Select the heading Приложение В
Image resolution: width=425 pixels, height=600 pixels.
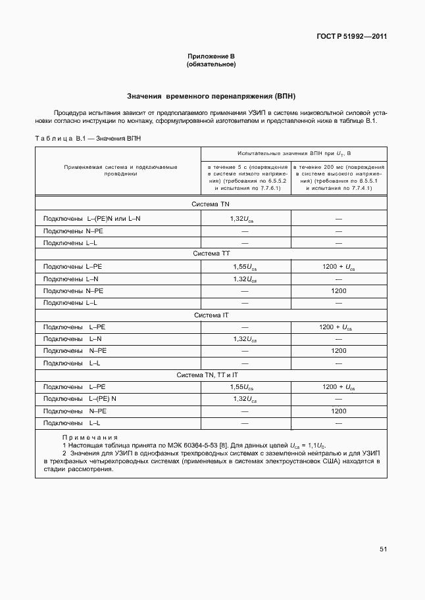tap(211, 57)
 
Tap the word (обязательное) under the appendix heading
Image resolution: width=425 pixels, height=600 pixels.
tap(211, 64)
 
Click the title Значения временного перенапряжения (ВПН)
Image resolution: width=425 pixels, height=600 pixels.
tap(211, 96)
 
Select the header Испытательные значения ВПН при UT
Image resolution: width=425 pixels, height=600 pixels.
tap(290, 154)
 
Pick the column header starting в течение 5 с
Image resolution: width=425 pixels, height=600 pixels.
tap(247, 177)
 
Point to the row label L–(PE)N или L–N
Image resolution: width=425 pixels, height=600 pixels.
tap(92, 218)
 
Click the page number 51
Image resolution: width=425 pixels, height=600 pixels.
tap(383, 549)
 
